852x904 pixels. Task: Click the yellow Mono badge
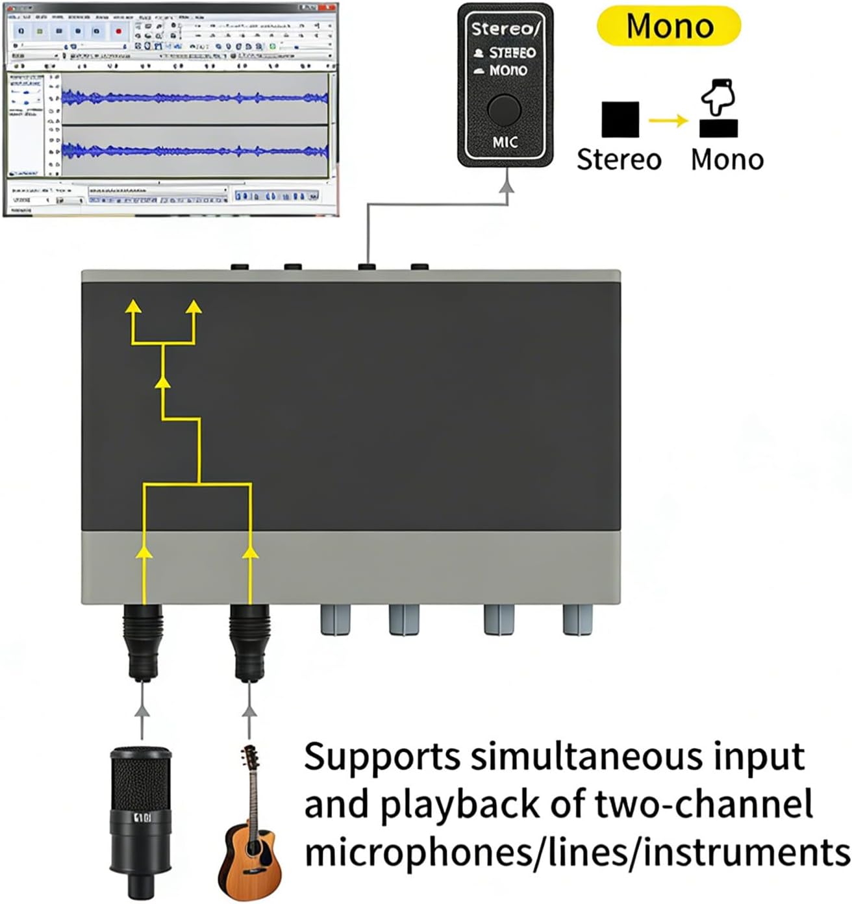(x=669, y=26)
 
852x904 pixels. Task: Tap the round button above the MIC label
(x=504, y=109)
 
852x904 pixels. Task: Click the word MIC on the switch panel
(x=505, y=142)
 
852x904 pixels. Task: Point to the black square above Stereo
(x=620, y=119)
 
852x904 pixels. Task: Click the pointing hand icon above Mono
(x=718, y=97)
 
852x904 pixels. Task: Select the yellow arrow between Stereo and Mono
(x=669, y=120)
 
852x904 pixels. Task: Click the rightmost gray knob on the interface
(x=579, y=620)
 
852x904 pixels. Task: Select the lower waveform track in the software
(x=195, y=151)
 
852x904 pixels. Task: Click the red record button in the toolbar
(x=118, y=31)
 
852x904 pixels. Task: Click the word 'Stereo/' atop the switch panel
(x=505, y=29)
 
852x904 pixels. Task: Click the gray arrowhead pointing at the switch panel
(x=507, y=186)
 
